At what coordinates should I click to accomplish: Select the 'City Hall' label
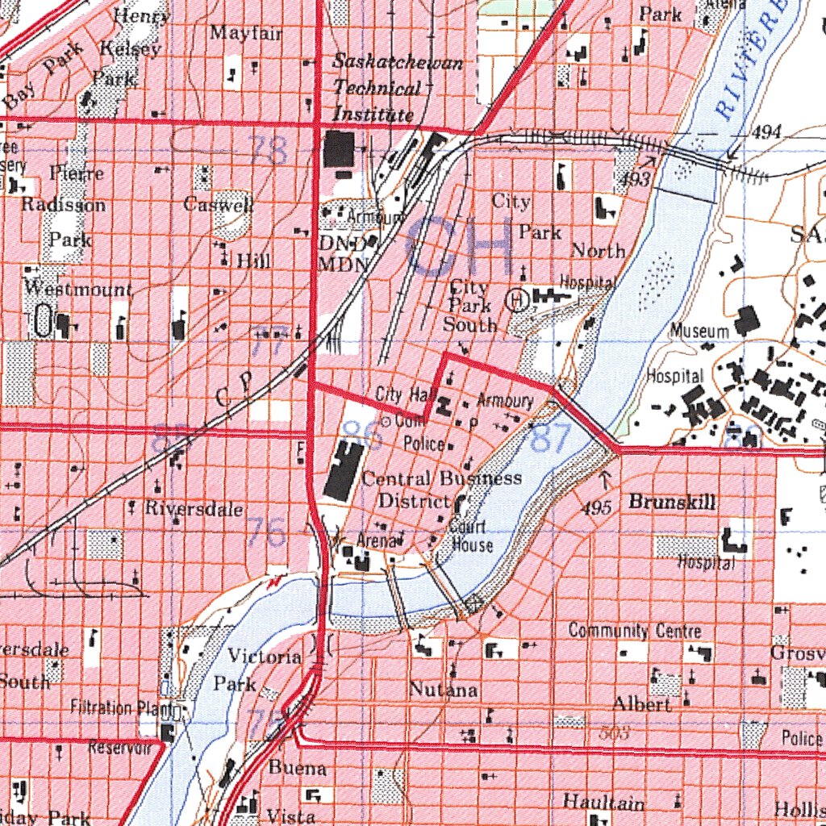point(405,394)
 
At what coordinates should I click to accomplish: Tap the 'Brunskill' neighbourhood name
point(671,503)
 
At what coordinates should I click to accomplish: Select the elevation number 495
point(596,508)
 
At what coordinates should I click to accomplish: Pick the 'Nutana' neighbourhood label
point(443,690)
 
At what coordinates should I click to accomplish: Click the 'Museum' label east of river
point(699,331)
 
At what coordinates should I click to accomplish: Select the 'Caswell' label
point(218,204)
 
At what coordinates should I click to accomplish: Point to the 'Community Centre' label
point(634,631)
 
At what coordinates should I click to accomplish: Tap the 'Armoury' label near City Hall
point(505,401)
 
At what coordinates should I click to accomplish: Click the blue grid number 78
point(268,150)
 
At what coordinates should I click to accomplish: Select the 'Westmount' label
point(77,289)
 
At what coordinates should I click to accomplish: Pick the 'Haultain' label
point(603,803)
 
